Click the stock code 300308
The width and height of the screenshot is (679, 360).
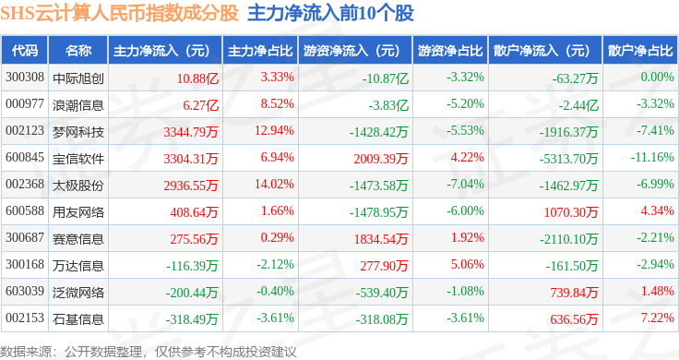point(25,78)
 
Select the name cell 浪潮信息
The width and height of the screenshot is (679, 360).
point(78,105)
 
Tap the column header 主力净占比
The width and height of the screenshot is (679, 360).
point(260,51)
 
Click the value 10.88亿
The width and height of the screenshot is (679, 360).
point(197,78)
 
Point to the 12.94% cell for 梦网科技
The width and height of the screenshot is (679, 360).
point(274,131)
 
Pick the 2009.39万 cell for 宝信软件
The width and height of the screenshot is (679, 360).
point(381,159)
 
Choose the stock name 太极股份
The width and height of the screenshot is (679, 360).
point(78,186)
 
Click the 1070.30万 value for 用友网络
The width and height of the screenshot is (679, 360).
point(571,212)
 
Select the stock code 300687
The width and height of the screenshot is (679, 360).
point(25,238)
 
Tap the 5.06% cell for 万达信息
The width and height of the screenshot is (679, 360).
point(467,264)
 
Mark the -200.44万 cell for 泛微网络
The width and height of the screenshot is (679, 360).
point(192,293)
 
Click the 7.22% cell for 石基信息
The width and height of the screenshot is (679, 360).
point(658,318)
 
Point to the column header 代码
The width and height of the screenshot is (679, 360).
point(25,51)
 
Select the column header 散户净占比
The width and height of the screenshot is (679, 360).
point(640,51)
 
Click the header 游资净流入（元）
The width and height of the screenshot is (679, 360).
point(351,51)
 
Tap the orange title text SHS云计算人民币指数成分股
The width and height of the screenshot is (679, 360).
point(120,14)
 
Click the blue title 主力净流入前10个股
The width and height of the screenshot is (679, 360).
point(331,14)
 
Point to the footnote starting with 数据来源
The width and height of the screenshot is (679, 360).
point(149,352)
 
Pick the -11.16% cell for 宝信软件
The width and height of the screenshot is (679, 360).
point(652,157)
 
